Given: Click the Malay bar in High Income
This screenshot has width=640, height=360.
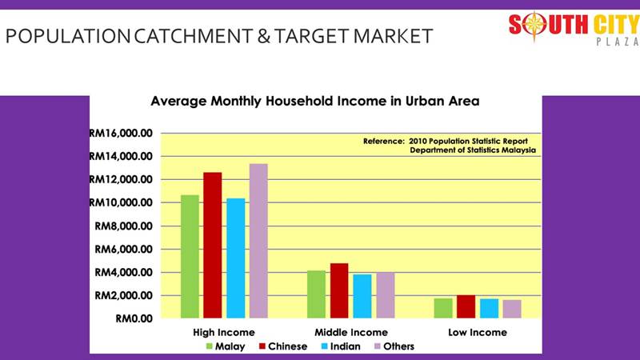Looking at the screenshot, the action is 190,257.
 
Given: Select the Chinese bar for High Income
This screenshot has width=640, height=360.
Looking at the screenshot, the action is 213,246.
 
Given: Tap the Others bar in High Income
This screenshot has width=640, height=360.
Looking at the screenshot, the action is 258,242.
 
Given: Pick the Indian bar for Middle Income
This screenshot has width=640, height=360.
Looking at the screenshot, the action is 362,296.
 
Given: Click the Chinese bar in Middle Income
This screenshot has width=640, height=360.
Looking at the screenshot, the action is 339,291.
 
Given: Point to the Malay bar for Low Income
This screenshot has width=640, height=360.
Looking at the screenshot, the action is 443,309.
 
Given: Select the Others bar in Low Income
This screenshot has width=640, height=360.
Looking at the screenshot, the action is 512,310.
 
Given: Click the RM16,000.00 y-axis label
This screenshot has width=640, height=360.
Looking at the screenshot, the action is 121,133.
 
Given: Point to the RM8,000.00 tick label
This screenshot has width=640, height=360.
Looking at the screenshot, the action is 124,226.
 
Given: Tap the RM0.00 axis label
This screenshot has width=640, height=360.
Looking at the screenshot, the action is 134,318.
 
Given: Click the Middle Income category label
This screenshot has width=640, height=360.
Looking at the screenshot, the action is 351,333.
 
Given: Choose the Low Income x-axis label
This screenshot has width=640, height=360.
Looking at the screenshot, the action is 478,333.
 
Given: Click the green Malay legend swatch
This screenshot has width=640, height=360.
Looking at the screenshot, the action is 210,346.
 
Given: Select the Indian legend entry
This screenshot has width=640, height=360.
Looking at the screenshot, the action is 341,346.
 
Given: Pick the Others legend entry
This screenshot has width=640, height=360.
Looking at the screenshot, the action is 394,346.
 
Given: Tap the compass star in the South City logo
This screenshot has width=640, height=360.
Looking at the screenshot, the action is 534,26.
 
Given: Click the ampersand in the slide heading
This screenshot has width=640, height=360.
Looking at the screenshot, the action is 264,36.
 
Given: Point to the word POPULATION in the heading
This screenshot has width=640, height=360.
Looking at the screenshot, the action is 68,36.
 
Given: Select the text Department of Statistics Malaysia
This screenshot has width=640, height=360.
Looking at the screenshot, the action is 473,150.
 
